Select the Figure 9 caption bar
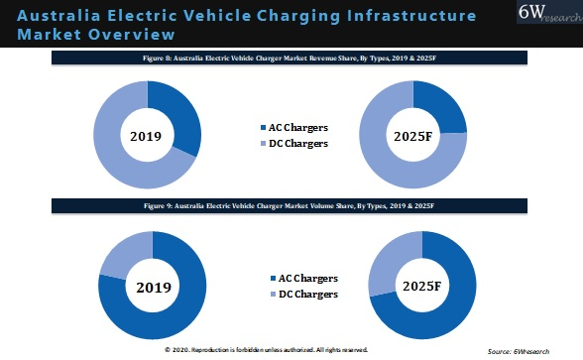tap(291, 205)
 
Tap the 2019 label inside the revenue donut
tap(147, 135)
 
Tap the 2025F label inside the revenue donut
tap(412, 135)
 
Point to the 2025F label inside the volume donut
tap(421, 288)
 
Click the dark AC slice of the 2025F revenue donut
tap(443, 108)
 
